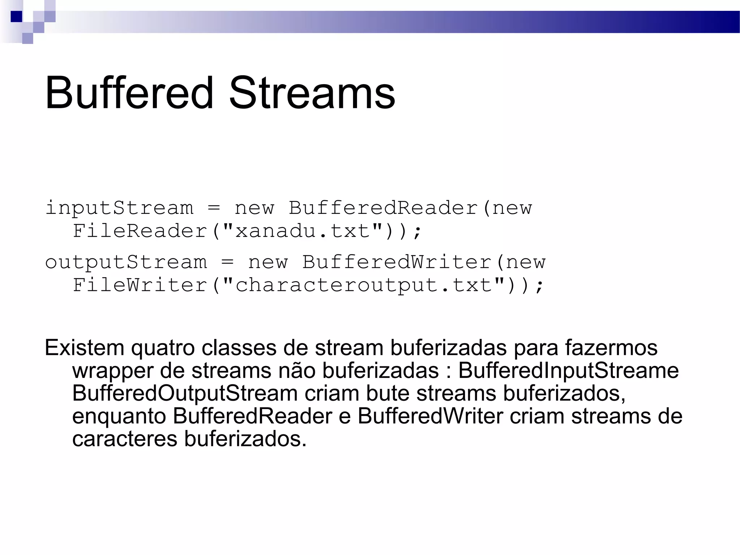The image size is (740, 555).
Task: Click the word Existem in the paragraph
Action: (85, 348)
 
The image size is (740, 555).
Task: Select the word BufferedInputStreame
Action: (568, 371)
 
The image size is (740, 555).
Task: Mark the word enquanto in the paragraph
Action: (119, 417)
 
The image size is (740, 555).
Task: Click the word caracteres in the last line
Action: (125, 439)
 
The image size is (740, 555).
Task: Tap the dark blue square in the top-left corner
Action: (16, 17)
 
